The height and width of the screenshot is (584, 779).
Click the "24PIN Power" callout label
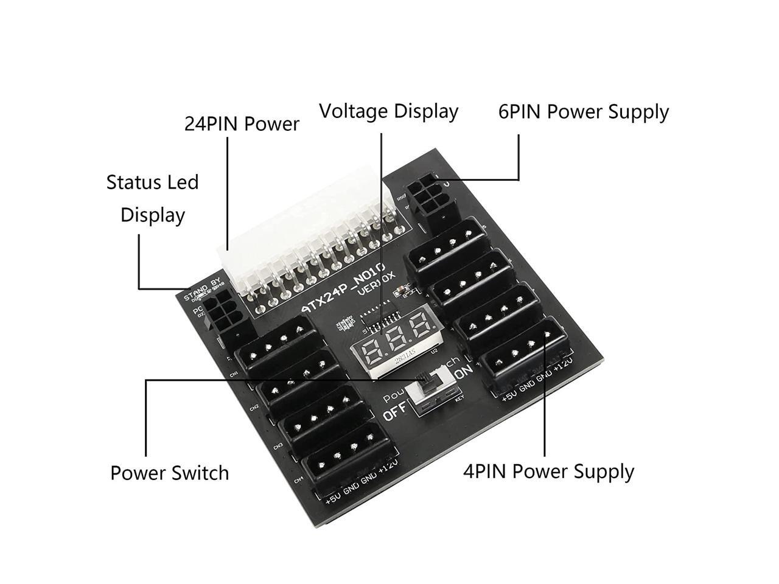(x=242, y=124)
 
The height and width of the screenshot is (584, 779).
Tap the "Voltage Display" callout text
(x=388, y=111)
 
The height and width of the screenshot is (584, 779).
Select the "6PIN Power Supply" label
(x=583, y=112)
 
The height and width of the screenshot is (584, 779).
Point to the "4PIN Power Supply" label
(x=548, y=471)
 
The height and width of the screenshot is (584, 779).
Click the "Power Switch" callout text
(x=169, y=473)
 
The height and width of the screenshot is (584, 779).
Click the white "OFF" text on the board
(x=396, y=415)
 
